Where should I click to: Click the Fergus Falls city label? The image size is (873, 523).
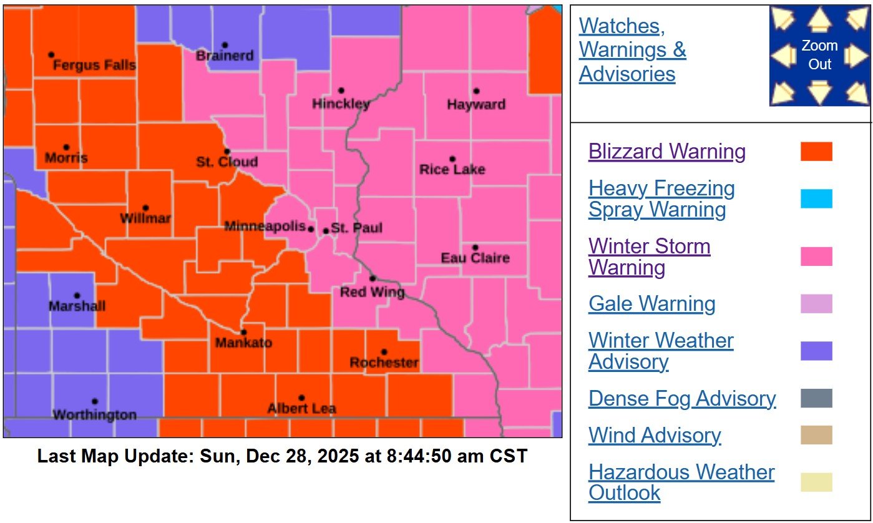click(94, 66)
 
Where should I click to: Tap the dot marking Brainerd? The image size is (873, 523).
click(225, 45)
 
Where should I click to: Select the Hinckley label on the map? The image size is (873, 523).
click(341, 104)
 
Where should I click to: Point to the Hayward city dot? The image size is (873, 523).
click(476, 91)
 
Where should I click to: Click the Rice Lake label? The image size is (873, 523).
click(452, 169)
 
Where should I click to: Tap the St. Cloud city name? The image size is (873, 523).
click(227, 162)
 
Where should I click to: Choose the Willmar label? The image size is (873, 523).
click(145, 218)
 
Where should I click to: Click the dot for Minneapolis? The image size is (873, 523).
click(311, 229)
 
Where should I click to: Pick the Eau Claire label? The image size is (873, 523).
click(475, 258)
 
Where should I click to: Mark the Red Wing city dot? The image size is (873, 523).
click(373, 278)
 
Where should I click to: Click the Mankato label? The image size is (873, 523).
click(243, 343)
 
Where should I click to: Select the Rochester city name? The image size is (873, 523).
click(384, 363)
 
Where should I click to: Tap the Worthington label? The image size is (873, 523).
click(94, 414)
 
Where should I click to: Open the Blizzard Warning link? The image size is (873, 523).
click(666, 152)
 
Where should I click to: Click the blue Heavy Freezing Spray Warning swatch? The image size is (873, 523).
click(816, 198)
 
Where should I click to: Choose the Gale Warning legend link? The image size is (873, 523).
click(651, 304)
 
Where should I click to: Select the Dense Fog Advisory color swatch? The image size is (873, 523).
click(816, 398)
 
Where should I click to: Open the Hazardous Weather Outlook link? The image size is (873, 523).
click(681, 482)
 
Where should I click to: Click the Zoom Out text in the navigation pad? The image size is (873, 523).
click(819, 55)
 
